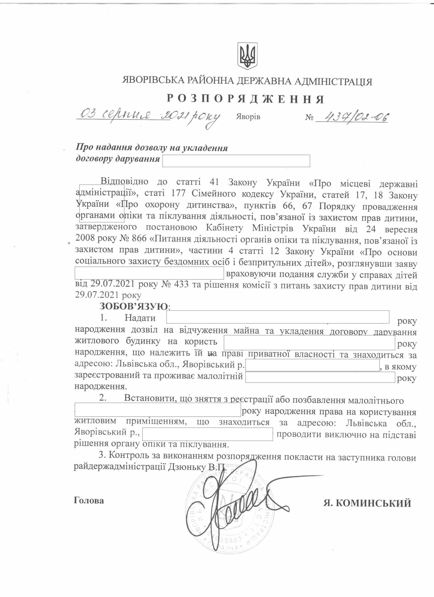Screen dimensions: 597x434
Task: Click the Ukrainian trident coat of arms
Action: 247,56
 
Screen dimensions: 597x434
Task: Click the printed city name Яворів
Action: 248,117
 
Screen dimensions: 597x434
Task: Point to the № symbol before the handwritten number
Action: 309,117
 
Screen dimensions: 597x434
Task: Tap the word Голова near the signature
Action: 89,500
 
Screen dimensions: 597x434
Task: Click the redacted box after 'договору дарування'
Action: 236,161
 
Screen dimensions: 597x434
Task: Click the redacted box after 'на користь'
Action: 309,343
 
